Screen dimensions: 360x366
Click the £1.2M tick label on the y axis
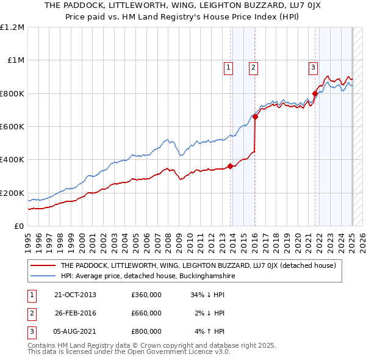(12, 27)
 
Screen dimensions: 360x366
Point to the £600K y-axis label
(12, 127)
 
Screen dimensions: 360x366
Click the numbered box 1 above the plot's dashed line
(228, 68)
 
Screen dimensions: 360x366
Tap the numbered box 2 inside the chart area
(253, 68)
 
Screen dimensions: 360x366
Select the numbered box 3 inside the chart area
(313, 68)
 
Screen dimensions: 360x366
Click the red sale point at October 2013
(231, 166)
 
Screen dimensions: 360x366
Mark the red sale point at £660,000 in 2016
(255, 117)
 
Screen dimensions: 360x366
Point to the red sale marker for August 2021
(315, 93)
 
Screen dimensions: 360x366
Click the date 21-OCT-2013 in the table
(75, 295)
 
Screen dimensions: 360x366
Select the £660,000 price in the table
(146, 313)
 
